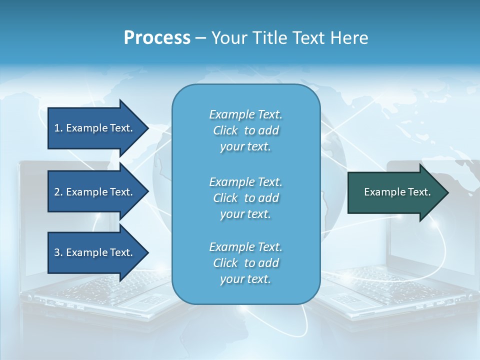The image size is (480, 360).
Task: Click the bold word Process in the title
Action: click(x=157, y=38)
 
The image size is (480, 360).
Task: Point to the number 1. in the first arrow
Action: click(x=58, y=128)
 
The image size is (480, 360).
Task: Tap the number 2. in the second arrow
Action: click(x=58, y=192)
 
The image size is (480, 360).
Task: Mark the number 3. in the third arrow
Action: click(x=58, y=252)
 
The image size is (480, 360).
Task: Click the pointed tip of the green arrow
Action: click(x=446, y=192)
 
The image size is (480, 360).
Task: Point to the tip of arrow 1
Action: click(x=146, y=128)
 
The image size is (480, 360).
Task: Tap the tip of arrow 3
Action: click(x=146, y=252)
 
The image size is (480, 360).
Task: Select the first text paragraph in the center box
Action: click(x=245, y=130)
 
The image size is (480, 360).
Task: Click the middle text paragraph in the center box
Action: click(x=245, y=198)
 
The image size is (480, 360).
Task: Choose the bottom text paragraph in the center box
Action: click(x=245, y=263)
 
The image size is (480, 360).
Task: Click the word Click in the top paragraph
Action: click(x=225, y=130)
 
